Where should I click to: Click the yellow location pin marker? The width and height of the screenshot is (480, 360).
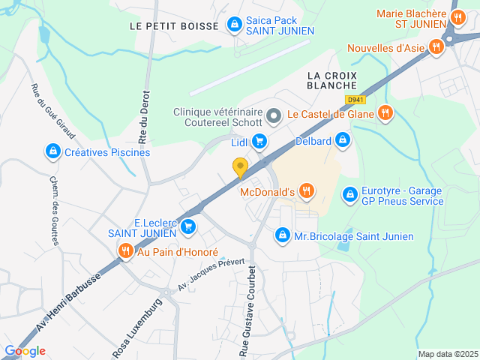[240, 168]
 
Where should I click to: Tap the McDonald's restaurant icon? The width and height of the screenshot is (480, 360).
[306, 192]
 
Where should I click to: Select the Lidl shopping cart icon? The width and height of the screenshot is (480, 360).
[259, 141]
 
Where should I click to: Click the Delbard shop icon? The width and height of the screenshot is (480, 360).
[342, 139]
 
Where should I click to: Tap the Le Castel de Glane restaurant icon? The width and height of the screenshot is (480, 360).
[385, 113]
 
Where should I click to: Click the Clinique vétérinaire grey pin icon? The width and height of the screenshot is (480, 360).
[273, 116]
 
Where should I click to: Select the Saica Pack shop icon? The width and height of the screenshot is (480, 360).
[235, 25]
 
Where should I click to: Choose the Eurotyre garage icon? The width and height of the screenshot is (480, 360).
[349, 195]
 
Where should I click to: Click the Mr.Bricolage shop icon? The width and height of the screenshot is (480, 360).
[282, 235]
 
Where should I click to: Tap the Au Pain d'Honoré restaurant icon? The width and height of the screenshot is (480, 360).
[125, 252]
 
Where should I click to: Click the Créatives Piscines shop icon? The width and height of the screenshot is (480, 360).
[52, 152]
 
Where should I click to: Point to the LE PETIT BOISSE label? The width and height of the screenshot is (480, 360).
[174, 25]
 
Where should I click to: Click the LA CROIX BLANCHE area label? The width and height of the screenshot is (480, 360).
[331, 80]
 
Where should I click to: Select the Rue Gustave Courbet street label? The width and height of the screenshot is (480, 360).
[247, 311]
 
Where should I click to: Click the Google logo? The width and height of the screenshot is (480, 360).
[25, 350]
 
